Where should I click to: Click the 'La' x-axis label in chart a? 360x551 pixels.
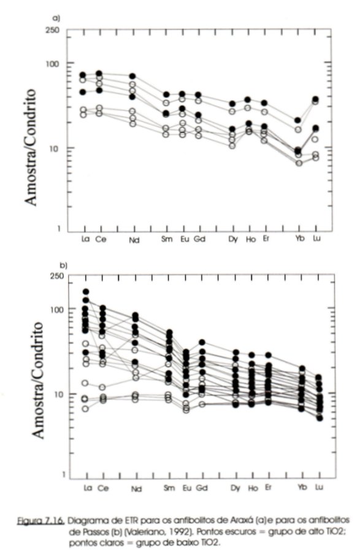coord(85,239)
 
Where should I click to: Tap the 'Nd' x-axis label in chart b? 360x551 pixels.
coord(136,489)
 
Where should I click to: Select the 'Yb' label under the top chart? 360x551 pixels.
coord(299,239)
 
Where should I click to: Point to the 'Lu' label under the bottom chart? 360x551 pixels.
coord(319,487)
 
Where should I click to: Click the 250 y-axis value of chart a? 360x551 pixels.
coord(53,30)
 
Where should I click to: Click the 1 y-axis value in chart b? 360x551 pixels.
coord(64,475)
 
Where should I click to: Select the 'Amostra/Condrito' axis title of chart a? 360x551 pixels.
coord(31,147)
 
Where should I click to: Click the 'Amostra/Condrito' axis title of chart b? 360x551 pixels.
coord(38,380)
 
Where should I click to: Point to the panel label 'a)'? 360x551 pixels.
coord(56,18)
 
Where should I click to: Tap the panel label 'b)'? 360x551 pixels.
coord(64,265)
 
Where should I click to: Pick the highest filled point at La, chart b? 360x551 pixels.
coord(86,291)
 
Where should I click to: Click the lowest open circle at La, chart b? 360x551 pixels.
coord(85,409)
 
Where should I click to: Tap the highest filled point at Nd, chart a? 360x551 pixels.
coord(132,76)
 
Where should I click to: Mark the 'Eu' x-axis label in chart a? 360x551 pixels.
coord(185,239)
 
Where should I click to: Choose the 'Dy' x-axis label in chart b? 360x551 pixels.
coord(235,488)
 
